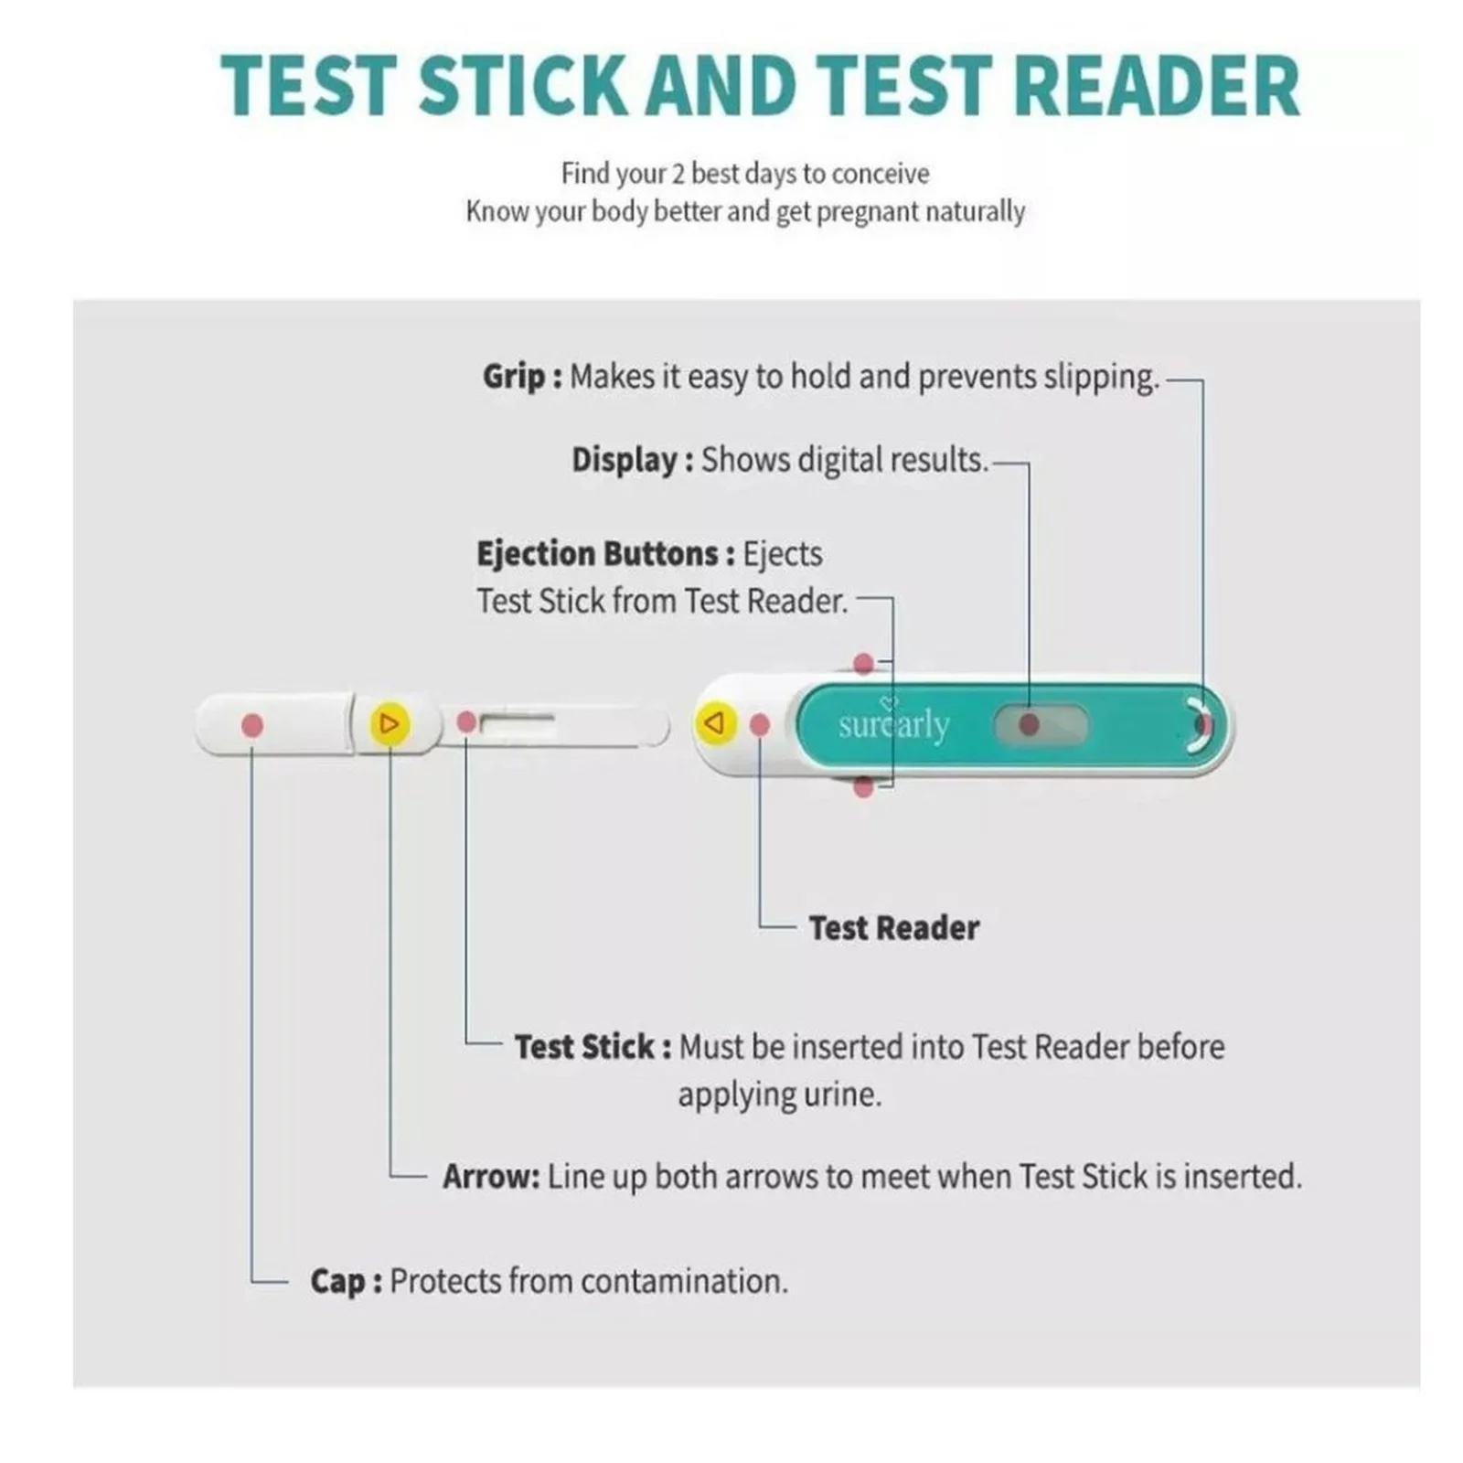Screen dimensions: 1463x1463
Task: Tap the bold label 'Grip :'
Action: (x=522, y=377)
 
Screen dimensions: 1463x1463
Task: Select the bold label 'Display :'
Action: (x=632, y=459)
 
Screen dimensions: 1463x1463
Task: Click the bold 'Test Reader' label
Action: (x=893, y=928)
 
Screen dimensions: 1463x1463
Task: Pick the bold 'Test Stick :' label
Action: (x=593, y=1047)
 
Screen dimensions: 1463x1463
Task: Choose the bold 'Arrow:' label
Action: (x=491, y=1177)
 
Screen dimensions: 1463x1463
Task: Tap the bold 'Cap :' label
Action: (x=346, y=1281)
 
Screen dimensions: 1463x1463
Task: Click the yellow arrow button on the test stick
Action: (x=390, y=724)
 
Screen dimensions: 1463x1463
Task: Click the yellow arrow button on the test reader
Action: (x=716, y=723)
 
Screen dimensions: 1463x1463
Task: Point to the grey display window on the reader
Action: (x=1041, y=725)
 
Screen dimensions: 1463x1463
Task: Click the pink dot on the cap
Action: (x=252, y=725)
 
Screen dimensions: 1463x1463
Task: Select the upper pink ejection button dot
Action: (x=863, y=664)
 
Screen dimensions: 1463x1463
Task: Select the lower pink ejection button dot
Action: (x=863, y=786)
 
